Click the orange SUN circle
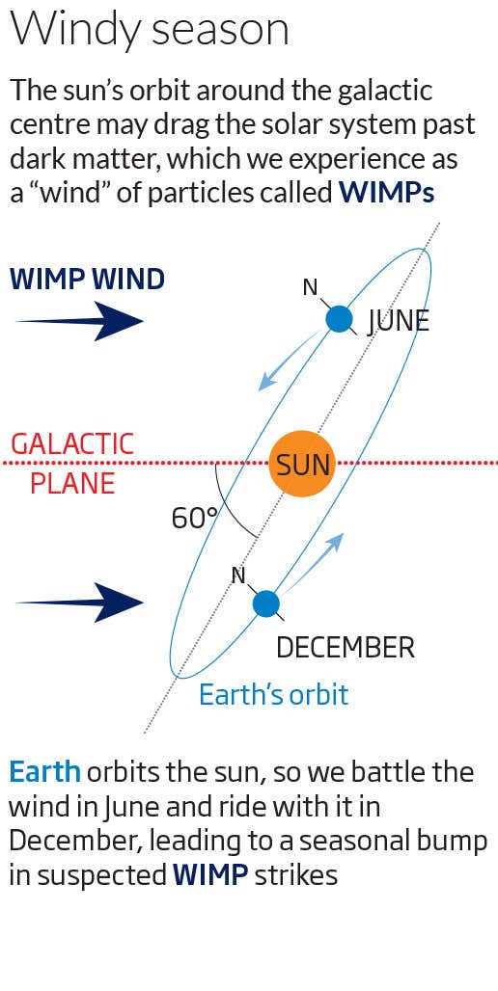point(303,464)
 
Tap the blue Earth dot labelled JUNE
point(339,319)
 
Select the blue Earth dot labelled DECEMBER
point(265,603)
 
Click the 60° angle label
point(195,519)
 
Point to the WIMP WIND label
point(87,280)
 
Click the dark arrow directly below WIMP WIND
point(80,320)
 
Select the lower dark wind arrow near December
point(80,603)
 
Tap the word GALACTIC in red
point(71,444)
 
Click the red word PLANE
point(72,483)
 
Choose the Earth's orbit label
point(273,694)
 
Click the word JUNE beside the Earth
point(398,320)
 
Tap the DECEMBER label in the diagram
point(345,648)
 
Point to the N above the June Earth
point(310,286)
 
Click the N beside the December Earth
point(238,575)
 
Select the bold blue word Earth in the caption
point(44,772)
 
